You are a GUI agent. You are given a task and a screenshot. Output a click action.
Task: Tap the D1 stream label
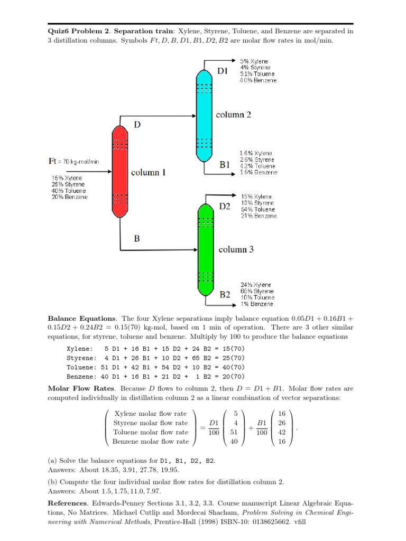(223, 71)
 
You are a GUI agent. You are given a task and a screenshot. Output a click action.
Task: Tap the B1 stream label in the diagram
(225, 164)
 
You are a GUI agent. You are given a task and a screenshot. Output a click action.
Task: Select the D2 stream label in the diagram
(225, 207)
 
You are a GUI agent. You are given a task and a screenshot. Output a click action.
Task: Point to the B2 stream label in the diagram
(225, 295)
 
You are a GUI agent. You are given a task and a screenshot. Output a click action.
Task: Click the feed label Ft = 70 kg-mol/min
(72, 161)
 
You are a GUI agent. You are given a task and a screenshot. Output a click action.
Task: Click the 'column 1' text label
(149, 172)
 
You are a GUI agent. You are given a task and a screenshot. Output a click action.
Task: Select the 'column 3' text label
(236, 249)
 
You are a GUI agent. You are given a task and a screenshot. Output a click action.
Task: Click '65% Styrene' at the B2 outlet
(257, 292)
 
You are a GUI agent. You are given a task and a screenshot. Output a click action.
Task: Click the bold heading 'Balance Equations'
(81, 319)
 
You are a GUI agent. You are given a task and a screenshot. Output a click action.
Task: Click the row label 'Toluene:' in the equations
(81, 367)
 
